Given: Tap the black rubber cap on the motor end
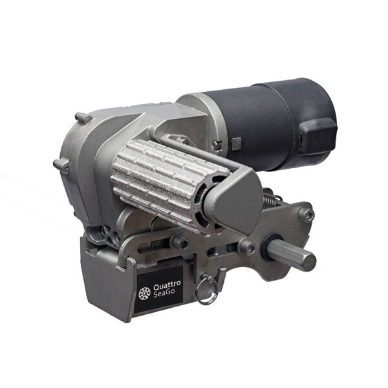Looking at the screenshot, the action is pos(318,136).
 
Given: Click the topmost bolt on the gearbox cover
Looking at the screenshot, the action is pos(83,117).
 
